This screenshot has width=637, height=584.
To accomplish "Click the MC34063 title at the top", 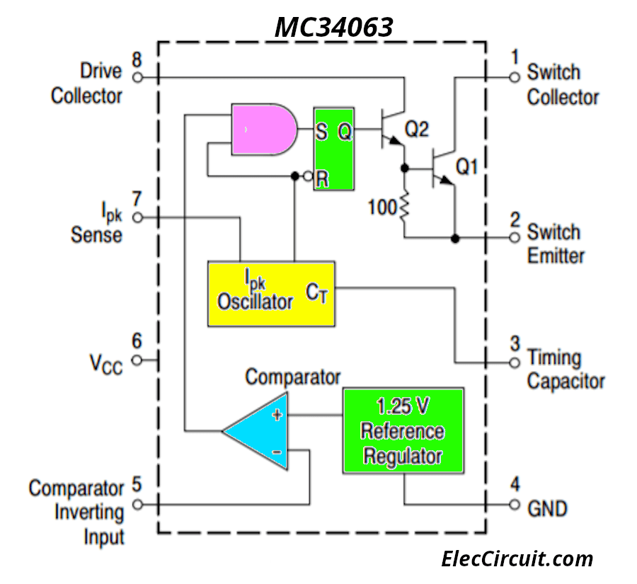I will (x=333, y=27).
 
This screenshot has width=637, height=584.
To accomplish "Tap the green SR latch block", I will (x=333, y=149).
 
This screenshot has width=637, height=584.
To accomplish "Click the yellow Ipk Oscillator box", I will (x=271, y=294).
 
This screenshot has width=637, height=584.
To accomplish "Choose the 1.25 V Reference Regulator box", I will (x=403, y=430).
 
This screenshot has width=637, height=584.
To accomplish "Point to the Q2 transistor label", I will (x=417, y=129).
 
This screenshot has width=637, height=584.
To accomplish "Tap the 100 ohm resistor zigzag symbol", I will (x=404, y=207).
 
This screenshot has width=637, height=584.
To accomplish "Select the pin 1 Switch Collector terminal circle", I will (x=515, y=77).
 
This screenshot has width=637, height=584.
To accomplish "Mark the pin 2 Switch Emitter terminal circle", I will (x=515, y=239).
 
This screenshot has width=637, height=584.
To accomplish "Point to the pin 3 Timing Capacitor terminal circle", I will (x=515, y=362).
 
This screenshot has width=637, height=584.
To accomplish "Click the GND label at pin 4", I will (x=547, y=508).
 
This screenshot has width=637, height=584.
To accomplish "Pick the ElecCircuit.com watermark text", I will (x=517, y=559).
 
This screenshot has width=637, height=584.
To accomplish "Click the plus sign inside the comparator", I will (x=277, y=416).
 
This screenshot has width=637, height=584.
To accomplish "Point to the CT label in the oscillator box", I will (x=318, y=292).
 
